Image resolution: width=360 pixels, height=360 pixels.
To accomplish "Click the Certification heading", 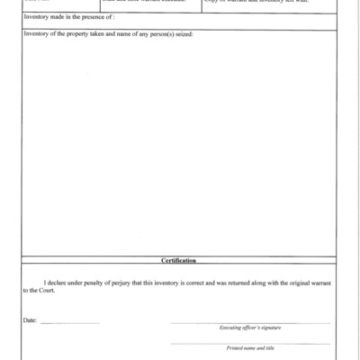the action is pyautogui.click(x=179, y=260).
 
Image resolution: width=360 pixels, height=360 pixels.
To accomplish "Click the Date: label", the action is pyautogui.click(x=31, y=320).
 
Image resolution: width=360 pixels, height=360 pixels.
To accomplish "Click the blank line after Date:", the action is pyautogui.click(x=69, y=322).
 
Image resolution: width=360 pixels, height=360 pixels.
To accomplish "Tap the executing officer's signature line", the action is pyautogui.click(x=249, y=322).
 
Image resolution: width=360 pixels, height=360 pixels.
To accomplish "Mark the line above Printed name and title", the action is pyautogui.click(x=249, y=343).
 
